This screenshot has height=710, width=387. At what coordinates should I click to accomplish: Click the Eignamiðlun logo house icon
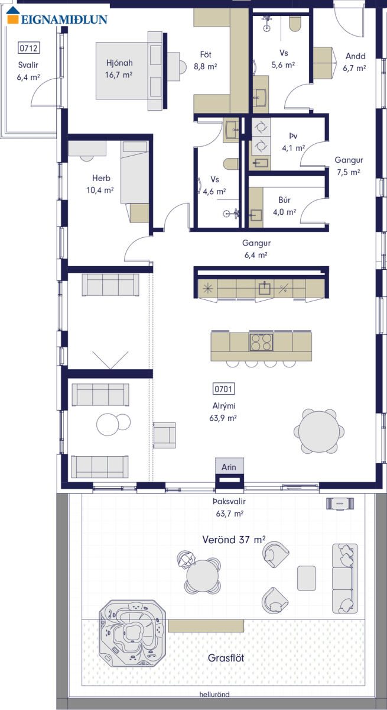coord(13,15)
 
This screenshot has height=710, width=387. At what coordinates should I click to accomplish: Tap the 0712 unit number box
coord(28,48)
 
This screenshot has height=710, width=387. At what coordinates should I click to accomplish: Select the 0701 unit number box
coord(224,389)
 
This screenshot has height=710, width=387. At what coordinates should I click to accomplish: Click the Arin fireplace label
coord(229,467)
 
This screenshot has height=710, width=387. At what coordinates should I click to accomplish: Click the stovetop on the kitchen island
coord(261,342)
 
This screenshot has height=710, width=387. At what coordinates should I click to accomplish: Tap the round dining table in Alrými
coord(319,431)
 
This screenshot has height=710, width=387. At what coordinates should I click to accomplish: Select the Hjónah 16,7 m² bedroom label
coord(119,69)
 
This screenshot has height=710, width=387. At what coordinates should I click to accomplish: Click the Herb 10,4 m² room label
coord(100,184)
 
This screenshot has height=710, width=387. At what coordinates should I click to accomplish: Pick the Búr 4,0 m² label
coord(284,206)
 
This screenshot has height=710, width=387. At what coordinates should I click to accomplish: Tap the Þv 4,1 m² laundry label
coord(293,142)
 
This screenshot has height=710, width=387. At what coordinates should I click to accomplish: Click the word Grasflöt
coord(226,658)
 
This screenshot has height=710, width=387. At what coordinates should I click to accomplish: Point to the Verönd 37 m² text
coord(234,540)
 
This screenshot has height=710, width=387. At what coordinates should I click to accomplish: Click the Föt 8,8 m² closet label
coord(206,60)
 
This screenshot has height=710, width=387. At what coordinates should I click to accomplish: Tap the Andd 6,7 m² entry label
coord(355,62)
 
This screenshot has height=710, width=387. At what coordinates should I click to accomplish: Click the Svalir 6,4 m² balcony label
coord(28,71)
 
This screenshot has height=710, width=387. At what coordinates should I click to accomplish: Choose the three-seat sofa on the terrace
coord(345,579)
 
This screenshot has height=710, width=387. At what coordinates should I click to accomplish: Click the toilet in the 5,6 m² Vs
coord(295,24)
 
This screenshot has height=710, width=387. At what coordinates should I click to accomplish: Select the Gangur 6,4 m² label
coord(256,249)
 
